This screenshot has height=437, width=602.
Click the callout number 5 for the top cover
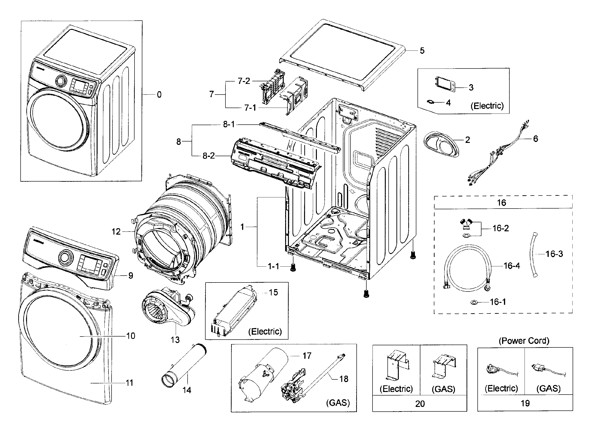[422, 51]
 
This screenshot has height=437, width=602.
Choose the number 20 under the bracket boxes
[420, 404]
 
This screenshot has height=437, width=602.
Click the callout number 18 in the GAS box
[343, 379]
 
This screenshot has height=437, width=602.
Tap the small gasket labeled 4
[431, 102]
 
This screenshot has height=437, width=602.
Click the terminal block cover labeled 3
[445, 84]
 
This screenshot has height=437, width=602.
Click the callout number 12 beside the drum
[116, 232]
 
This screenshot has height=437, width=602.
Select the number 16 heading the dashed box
[501, 203]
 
